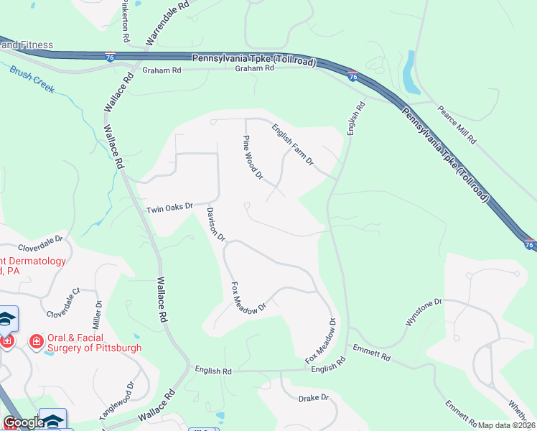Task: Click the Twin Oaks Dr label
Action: point(169,208)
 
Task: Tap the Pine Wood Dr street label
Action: point(254,158)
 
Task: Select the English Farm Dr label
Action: point(292,144)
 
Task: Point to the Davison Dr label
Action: point(216,225)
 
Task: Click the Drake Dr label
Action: point(314,397)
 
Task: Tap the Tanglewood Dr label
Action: point(116,404)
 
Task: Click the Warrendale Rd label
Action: point(167,22)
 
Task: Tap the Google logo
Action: point(23,422)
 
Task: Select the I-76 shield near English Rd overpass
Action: point(352,75)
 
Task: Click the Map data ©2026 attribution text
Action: point(507,425)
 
